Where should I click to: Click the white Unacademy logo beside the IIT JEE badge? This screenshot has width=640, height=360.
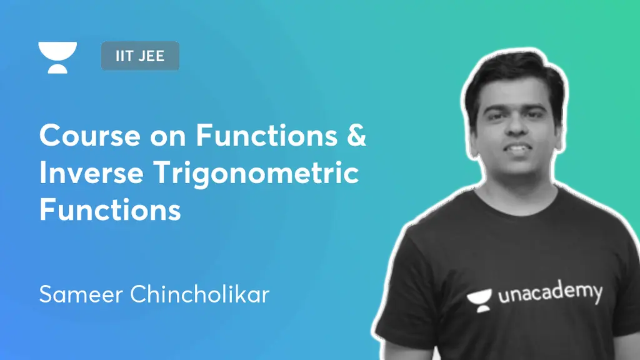pos(57,57)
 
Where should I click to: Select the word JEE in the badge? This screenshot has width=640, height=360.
pos(151,56)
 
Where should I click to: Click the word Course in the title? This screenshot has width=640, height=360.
pos(90,135)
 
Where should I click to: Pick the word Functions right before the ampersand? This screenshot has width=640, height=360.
pos(266,135)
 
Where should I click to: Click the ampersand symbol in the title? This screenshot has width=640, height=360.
pos(357,135)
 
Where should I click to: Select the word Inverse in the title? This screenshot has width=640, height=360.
pos(91,172)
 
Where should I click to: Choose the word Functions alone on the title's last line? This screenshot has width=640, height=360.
pos(110,209)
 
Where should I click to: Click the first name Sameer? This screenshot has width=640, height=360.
pos(81,294)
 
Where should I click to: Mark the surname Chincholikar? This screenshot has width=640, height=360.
pos(199,294)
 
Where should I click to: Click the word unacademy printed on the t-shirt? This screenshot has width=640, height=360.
pos(550,294)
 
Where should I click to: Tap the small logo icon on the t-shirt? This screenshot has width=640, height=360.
pos(479,301)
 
